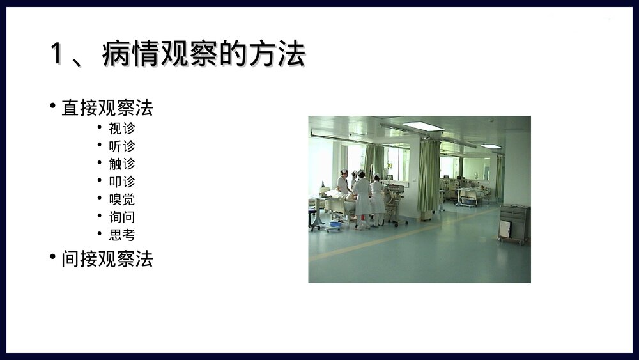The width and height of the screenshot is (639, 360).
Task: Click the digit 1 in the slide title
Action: point(56,54)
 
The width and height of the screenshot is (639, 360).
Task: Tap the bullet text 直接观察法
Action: point(107,108)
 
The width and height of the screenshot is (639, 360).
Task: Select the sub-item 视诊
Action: point(121,129)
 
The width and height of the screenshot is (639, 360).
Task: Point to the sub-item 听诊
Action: point(121,146)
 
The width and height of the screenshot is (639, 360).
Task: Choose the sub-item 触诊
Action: point(121,164)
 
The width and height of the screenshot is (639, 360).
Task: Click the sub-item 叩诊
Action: point(121,182)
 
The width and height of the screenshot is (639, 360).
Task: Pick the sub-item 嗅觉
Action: point(121,200)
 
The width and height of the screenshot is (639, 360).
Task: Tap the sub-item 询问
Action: point(121,217)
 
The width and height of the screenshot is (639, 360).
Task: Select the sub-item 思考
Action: point(121,235)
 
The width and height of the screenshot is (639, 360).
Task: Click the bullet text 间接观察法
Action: point(107,259)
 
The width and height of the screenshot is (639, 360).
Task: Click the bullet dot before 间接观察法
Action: point(53,256)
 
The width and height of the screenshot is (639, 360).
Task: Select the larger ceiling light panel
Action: point(423,126)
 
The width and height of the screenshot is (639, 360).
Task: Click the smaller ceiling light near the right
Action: point(491,146)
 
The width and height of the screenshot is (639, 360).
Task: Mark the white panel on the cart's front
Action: point(505,229)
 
